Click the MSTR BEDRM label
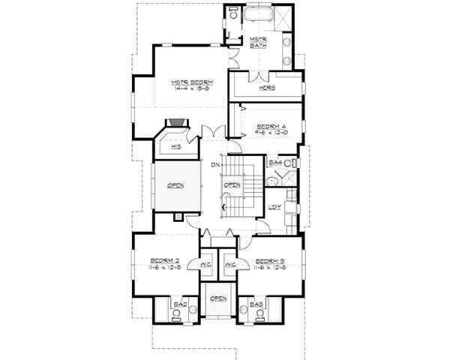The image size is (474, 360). (x=192, y=81)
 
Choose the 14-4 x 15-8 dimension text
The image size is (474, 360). (x=192, y=89)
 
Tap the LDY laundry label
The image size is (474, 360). (x=274, y=208)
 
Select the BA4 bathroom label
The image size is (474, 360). (x=274, y=163)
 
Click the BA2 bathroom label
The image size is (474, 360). (x=179, y=304)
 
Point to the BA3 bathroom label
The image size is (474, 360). (x=257, y=304)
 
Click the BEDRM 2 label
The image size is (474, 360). (x=161, y=260)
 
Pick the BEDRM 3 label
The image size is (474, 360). (x=269, y=260)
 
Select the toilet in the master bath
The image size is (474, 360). (x=233, y=15)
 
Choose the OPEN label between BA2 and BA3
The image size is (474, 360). (x=218, y=298)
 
